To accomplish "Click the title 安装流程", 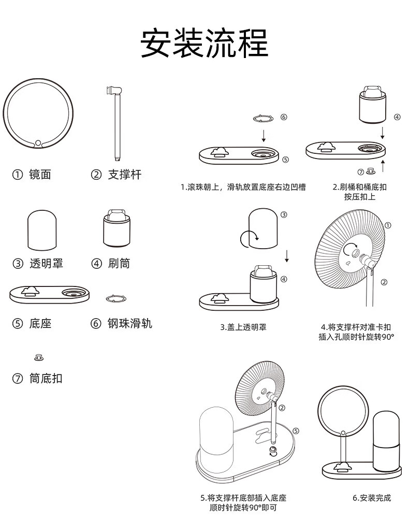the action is tap(204, 43).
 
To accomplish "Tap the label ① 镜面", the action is tap(32, 175).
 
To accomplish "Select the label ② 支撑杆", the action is tap(116, 175).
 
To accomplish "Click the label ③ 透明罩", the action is tap(38, 263).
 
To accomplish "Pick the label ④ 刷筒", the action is tap(111, 263).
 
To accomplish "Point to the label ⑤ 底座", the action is tap(32, 323).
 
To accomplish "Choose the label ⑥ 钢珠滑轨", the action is tap(122, 323).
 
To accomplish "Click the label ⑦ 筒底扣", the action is tap(37, 378).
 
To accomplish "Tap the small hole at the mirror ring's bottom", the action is tap(38, 143).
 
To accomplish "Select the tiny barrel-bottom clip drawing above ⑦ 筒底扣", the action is tap(39, 357).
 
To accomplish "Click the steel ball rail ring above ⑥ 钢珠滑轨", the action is tap(116, 299).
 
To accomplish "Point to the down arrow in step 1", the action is tap(264, 135).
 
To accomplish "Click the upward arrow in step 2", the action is tap(383, 166).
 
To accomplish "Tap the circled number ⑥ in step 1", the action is tap(284, 117).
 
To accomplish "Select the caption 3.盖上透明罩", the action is tap(243, 327).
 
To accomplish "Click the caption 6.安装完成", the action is tap(372, 497).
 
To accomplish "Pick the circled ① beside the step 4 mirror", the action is tap(388, 225).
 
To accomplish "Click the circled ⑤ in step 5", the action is tap(296, 431).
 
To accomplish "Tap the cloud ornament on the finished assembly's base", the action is tap(342, 467).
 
